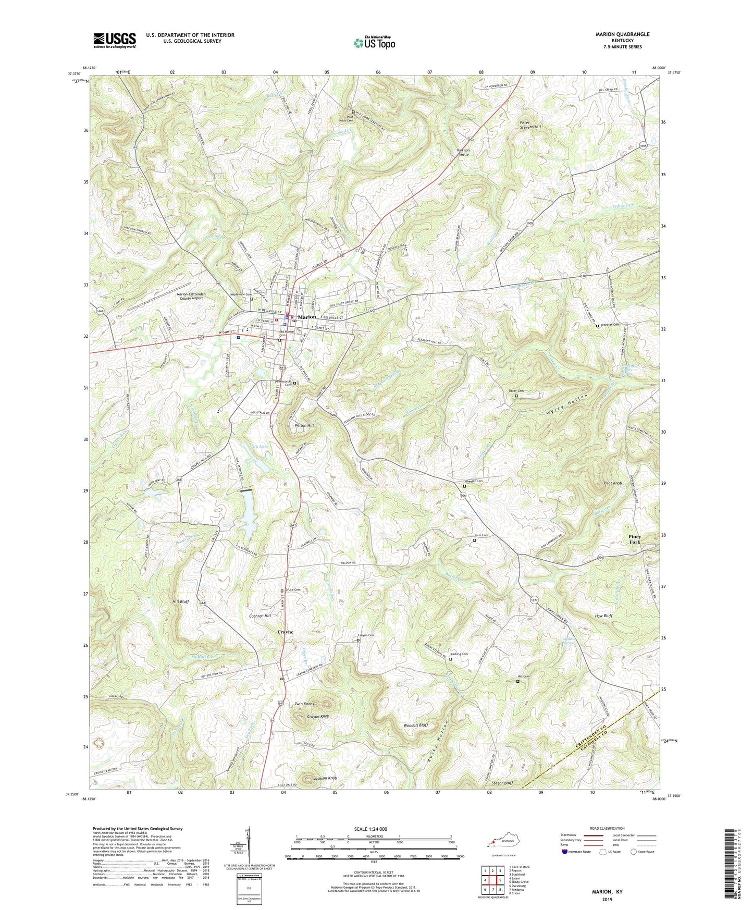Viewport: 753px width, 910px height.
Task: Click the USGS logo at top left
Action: click(x=115, y=40)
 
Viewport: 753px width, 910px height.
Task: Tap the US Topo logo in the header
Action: click(x=374, y=43)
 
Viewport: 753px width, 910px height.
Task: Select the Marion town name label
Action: click(x=307, y=317)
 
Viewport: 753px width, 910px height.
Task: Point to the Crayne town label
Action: click(x=285, y=632)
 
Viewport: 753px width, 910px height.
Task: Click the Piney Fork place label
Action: click(x=634, y=539)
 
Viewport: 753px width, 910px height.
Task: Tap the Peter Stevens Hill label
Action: click(x=530, y=125)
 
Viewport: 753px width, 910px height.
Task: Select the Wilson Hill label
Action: click(x=304, y=426)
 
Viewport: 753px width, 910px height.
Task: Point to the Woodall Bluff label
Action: click(x=416, y=725)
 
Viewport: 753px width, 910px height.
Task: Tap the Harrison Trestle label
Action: click(x=463, y=152)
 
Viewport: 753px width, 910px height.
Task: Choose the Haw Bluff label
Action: click(x=603, y=616)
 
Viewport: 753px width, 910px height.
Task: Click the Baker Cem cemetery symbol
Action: click(x=516, y=396)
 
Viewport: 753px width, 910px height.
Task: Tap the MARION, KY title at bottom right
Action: click(x=607, y=892)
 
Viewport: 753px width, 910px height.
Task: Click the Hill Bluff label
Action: click(x=180, y=601)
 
